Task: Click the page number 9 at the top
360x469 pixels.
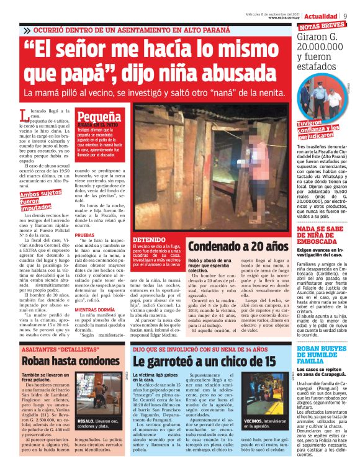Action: tap(353, 15)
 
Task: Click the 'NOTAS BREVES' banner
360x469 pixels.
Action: tap(322, 26)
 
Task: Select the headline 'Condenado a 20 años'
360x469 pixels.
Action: tap(237, 247)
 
